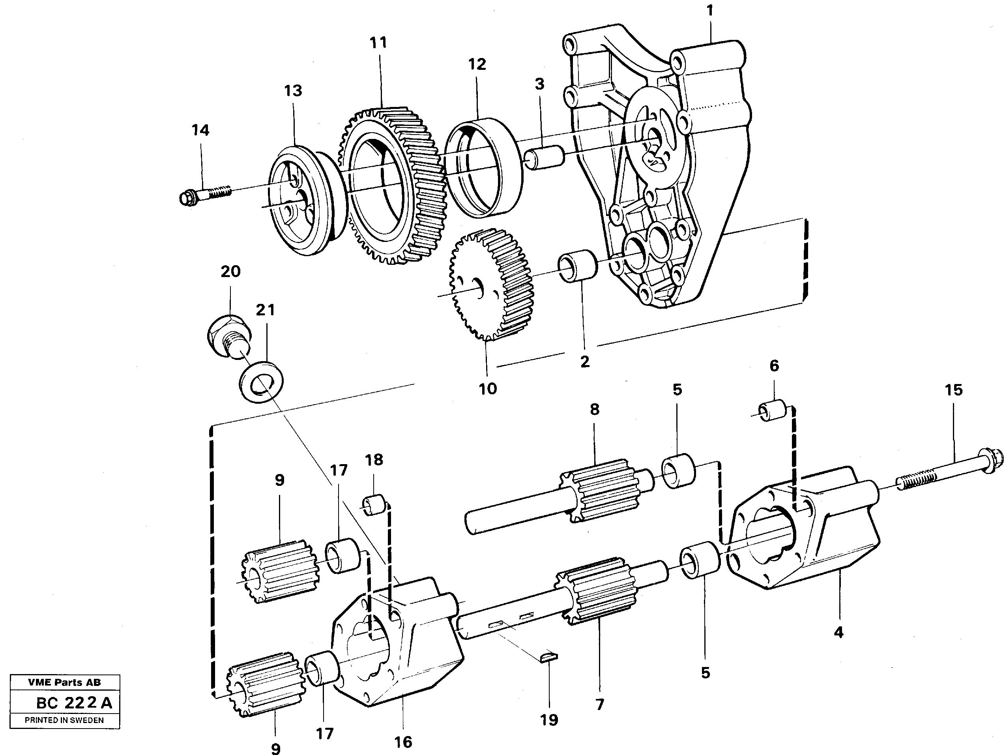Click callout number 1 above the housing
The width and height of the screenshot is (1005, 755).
tap(710, 10)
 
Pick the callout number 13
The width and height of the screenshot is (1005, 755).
tap(293, 91)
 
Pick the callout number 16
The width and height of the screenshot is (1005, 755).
tap(403, 742)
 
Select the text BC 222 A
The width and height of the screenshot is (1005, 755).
tap(74, 703)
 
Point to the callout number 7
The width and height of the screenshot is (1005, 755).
tap(600, 704)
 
